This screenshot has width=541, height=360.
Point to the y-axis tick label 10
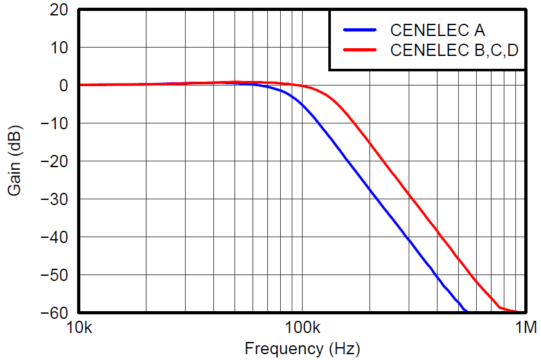point(60,48)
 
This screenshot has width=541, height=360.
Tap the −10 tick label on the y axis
point(54,123)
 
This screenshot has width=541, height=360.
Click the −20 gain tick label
point(54,161)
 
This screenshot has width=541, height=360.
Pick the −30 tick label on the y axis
point(54,199)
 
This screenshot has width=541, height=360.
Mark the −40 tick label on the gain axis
point(54,237)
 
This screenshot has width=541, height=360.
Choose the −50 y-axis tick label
point(54,275)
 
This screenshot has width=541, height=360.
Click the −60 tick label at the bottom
point(54,312)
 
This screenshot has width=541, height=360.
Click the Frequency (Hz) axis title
point(302,348)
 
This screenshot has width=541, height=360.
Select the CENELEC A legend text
point(438,30)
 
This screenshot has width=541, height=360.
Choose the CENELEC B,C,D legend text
point(454,50)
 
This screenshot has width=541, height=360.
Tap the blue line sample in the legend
point(363,30)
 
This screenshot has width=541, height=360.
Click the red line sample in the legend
point(363,50)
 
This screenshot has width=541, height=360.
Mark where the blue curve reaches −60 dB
point(466,312)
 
